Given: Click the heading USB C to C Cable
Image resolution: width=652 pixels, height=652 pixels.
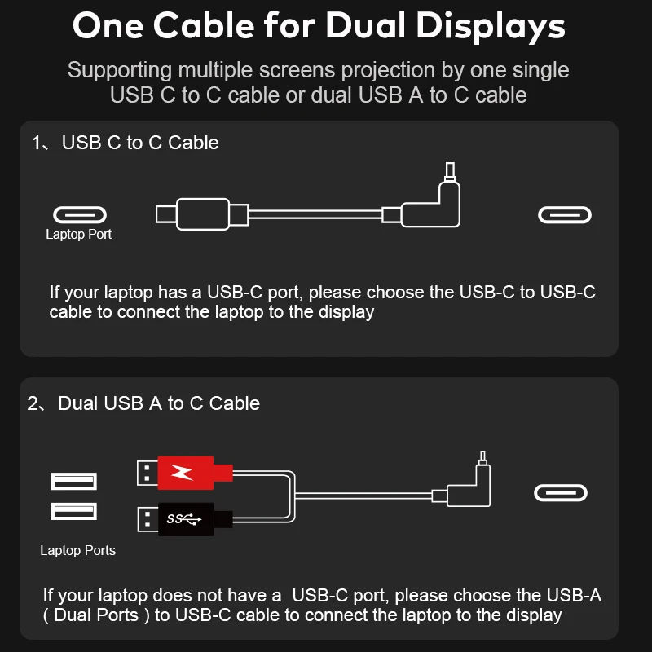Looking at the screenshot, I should tap(140, 143).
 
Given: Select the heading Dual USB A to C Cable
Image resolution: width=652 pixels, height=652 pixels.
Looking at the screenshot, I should tap(159, 403).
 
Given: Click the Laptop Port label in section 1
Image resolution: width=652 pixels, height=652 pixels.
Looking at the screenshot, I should tap(78, 235).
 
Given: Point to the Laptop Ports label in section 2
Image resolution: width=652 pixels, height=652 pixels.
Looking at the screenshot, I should tap(78, 550).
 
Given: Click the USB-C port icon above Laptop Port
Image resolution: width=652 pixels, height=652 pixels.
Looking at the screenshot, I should tap(80, 215).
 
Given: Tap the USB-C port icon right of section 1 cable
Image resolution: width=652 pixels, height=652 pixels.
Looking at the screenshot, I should tap(564, 215).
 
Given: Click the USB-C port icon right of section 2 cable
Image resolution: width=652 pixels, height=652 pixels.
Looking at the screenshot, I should tap(561, 493).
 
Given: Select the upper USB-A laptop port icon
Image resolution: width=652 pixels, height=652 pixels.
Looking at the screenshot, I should tap(74, 481).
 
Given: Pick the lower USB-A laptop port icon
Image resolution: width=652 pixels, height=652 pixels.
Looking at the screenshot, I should tap(74, 511).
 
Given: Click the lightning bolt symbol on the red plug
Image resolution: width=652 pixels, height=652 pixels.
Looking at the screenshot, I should tap(183, 471).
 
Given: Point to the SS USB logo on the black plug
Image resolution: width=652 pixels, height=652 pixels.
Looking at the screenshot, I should tap(183, 518).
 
